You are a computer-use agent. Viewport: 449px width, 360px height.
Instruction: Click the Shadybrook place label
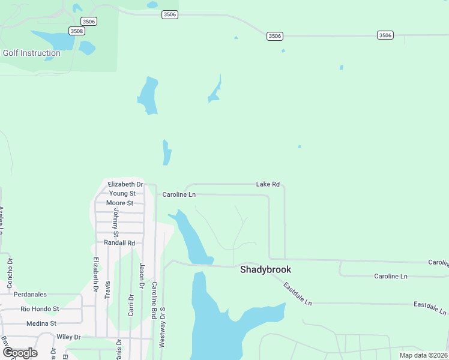tap(265, 269)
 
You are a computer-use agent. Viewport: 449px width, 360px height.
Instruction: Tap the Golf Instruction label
tap(32, 53)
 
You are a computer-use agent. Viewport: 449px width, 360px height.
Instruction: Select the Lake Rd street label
tap(268, 184)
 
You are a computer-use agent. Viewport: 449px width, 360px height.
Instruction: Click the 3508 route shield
tap(77, 31)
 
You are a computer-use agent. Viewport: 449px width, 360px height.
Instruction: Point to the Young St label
tap(122, 193)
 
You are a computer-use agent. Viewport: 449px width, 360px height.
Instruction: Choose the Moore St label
tap(119, 203)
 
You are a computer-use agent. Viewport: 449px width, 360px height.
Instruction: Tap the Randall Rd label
tap(119, 243)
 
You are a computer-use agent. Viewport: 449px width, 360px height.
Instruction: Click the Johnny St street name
tap(116, 221)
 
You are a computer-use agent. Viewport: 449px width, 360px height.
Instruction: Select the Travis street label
tap(108, 290)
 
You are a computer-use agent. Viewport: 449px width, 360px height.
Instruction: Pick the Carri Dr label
tap(131, 304)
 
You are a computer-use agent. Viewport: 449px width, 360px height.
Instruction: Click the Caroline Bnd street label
tap(154, 300)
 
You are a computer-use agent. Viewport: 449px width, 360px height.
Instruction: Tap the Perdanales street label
tap(30, 295)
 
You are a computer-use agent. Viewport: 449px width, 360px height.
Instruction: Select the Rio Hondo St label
tap(40, 309)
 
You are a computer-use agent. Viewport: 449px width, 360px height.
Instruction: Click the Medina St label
tap(41, 323)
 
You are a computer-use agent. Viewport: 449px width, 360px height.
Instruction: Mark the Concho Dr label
tap(10, 273)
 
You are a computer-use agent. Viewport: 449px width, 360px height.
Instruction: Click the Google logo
tap(20, 352)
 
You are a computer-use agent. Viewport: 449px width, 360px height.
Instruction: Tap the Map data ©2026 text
tap(423, 355)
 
